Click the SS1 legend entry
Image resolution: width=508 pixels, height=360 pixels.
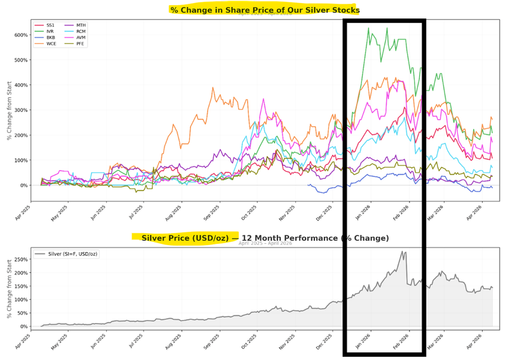(x=50, y=25)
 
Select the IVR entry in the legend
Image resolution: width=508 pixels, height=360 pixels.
(x=50, y=31)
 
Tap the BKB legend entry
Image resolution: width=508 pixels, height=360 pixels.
(x=50, y=37)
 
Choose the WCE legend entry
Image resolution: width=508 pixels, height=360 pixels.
(x=50, y=44)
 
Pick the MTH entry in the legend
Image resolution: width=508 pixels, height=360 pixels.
(x=81, y=25)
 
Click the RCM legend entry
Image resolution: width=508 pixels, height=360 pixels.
(x=81, y=31)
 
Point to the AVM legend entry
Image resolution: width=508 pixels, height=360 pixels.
(x=81, y=37)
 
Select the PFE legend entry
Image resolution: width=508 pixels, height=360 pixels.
(x=81, y=44)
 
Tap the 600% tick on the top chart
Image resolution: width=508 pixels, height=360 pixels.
(x=21, y=35)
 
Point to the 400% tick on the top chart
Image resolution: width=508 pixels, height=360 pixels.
(x=21, y=85)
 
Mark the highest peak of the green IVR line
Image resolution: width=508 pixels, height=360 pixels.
(x=369, y=28)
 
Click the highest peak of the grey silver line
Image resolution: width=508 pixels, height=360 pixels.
(x=403, y=252)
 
